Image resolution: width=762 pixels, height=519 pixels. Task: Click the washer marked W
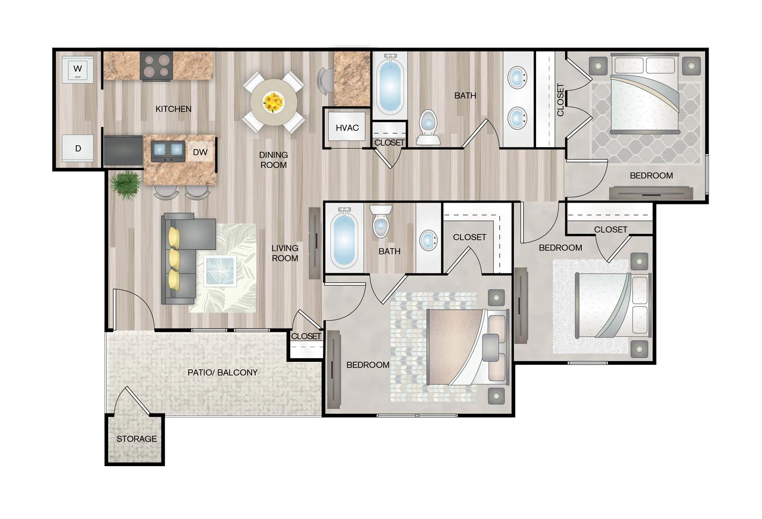(78, 69)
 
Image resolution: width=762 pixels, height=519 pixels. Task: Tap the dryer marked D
(78, 148)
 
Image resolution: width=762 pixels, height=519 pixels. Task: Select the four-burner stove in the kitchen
(156, 66)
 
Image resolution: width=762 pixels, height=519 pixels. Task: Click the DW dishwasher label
(200, 152)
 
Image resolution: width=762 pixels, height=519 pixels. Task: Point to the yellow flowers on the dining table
(273, 102)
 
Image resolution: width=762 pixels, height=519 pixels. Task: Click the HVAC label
(347, 128)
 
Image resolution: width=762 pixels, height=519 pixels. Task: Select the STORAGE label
(136, 439)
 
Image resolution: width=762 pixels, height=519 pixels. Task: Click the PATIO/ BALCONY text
(222, 372)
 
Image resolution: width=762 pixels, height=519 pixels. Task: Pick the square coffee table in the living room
(220, 270)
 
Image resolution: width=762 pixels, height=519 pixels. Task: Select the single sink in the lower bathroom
(428, 240)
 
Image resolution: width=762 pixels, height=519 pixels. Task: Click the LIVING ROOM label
(285, 253)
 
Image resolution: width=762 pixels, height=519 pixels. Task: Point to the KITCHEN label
(173, 109)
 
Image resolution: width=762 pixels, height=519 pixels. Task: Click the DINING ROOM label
(273, 160)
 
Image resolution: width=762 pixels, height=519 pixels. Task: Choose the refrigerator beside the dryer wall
(123, 151)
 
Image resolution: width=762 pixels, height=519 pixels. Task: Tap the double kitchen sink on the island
(168, 151)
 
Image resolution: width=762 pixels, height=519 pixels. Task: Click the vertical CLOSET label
(560, 99)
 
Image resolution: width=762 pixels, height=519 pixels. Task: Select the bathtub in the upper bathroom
(389, 85)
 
